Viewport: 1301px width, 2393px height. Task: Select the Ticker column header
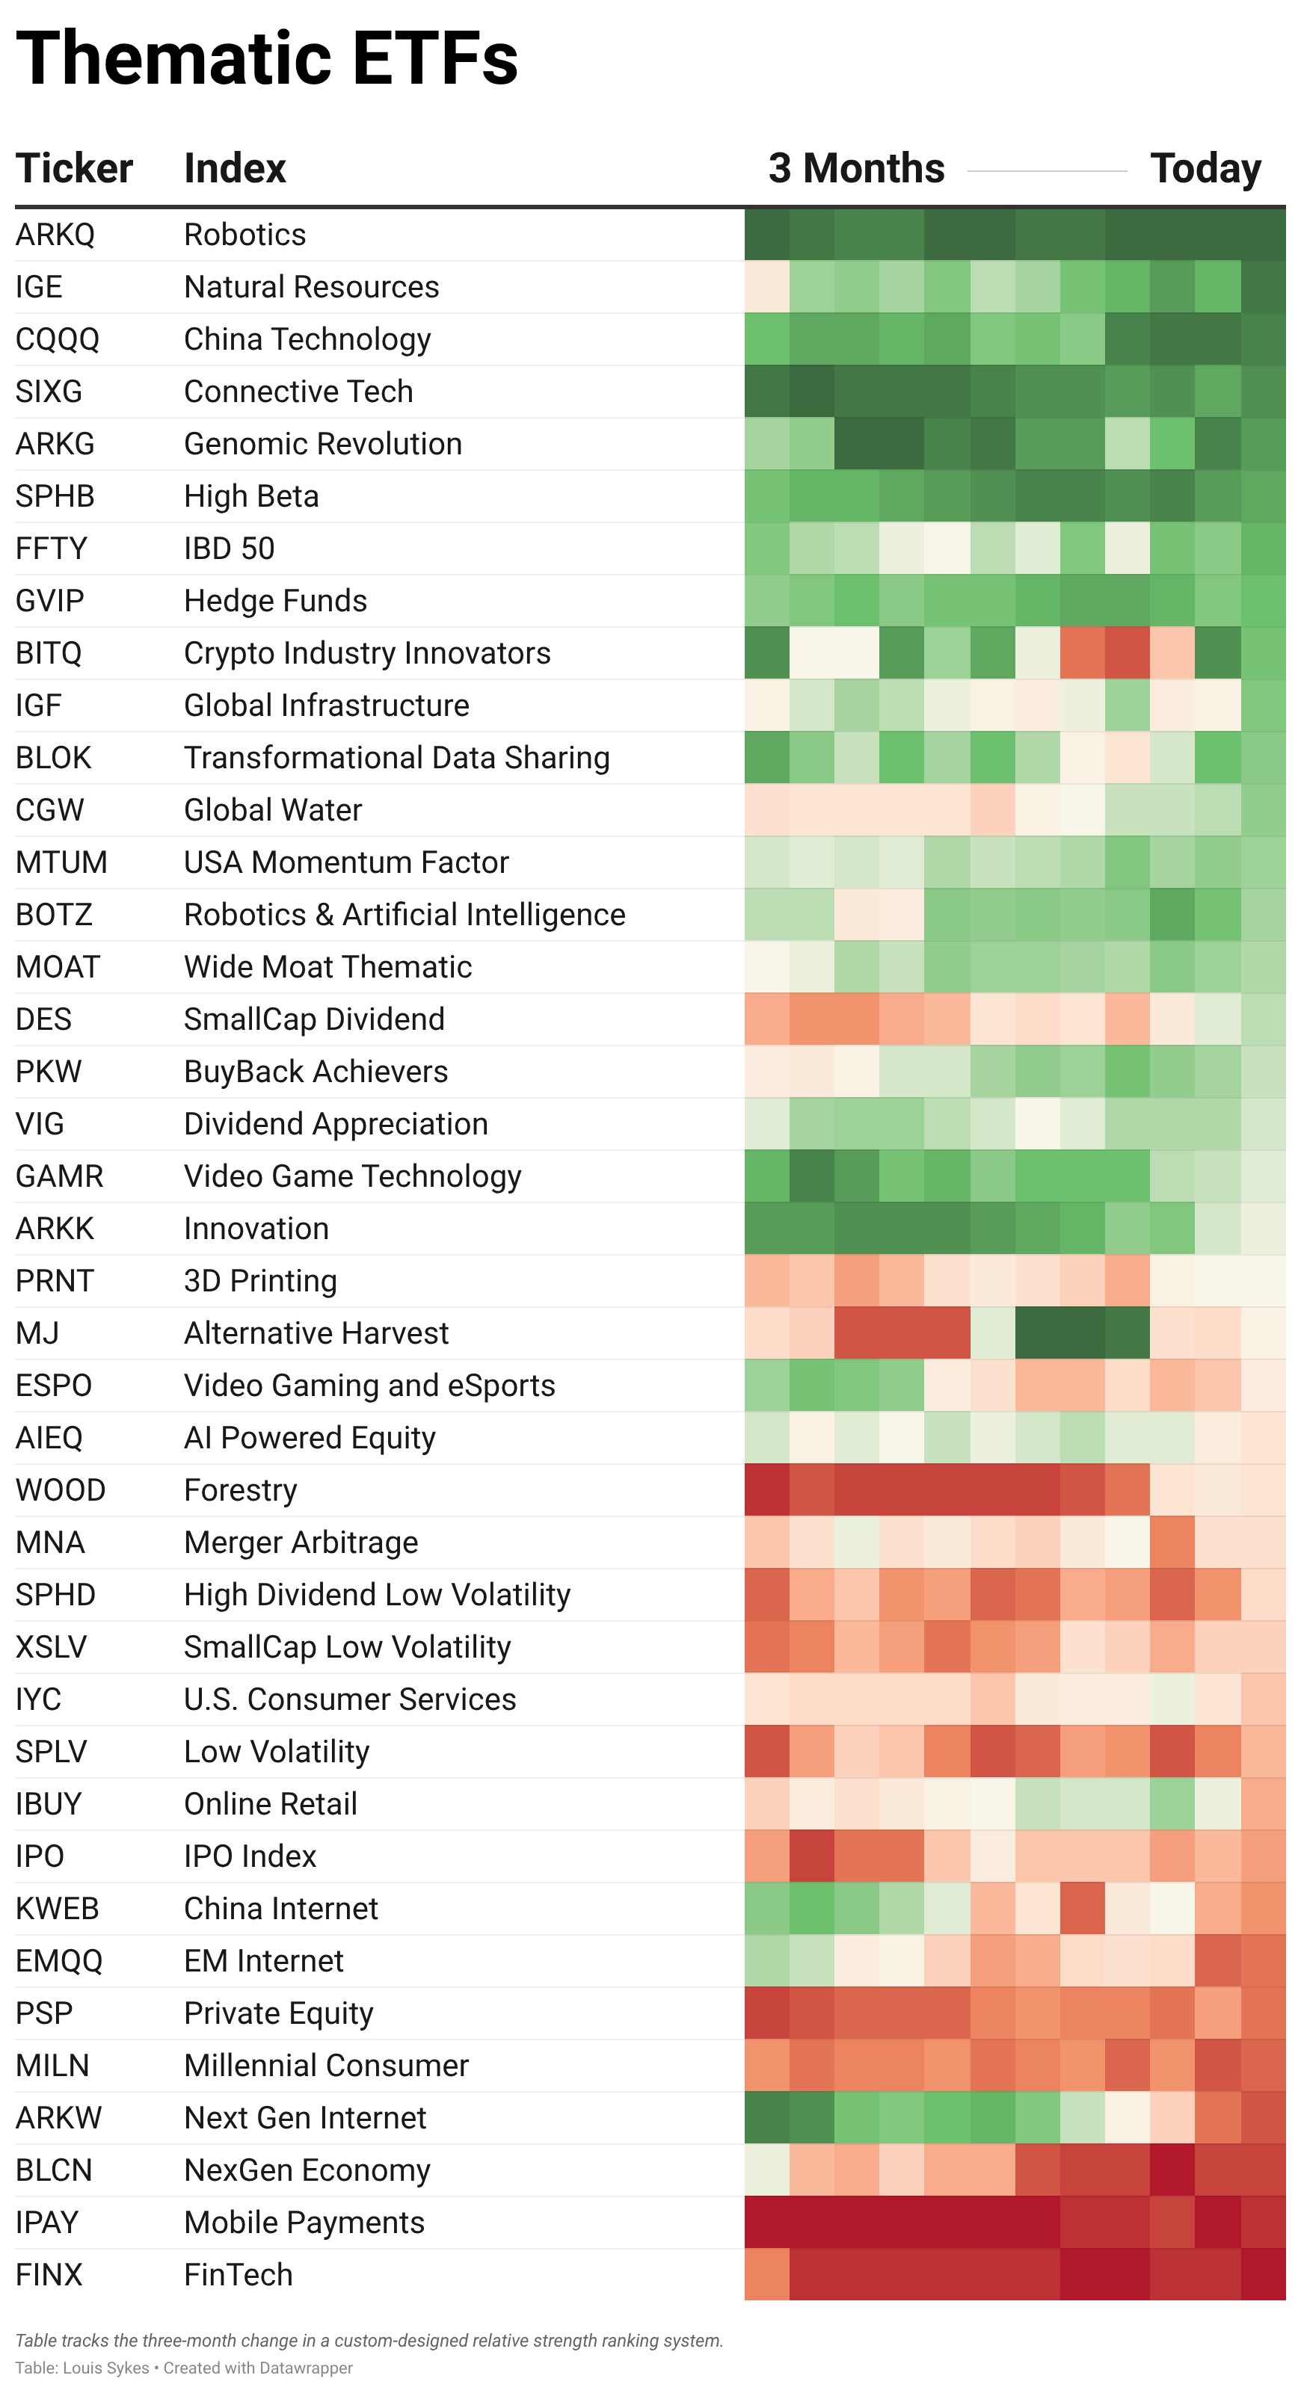coord(74,169)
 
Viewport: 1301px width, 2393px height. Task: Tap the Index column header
coord(235,169)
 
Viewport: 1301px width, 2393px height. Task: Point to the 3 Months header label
coord(856,169)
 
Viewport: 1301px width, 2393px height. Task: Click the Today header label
coord(1205,169)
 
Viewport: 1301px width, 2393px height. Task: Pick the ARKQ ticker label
coord(55,235)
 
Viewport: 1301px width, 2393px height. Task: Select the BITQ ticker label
coord(49,653)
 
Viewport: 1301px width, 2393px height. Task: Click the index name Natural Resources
coord(311,287)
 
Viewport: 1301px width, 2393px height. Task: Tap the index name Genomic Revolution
coord(322,444)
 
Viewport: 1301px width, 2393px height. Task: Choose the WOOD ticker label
coord(61,1490)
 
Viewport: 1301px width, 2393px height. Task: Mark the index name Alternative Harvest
coord(316,1333)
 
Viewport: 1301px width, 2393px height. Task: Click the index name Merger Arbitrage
coord(301,1542)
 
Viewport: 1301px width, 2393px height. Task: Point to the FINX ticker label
coord(49,2274)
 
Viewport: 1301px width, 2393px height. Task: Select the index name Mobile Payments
coord(304,2222)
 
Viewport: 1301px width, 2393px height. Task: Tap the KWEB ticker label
coord(57,1908)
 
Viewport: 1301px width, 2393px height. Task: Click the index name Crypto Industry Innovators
coord(367,653)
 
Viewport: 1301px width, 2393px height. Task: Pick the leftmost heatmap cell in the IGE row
coord(766,287)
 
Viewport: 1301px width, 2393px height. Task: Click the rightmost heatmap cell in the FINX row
coord(1263,2274)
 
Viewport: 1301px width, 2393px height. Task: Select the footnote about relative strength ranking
coord(369,2340)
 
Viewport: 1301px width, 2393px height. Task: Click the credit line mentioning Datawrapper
coord(184,2368)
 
